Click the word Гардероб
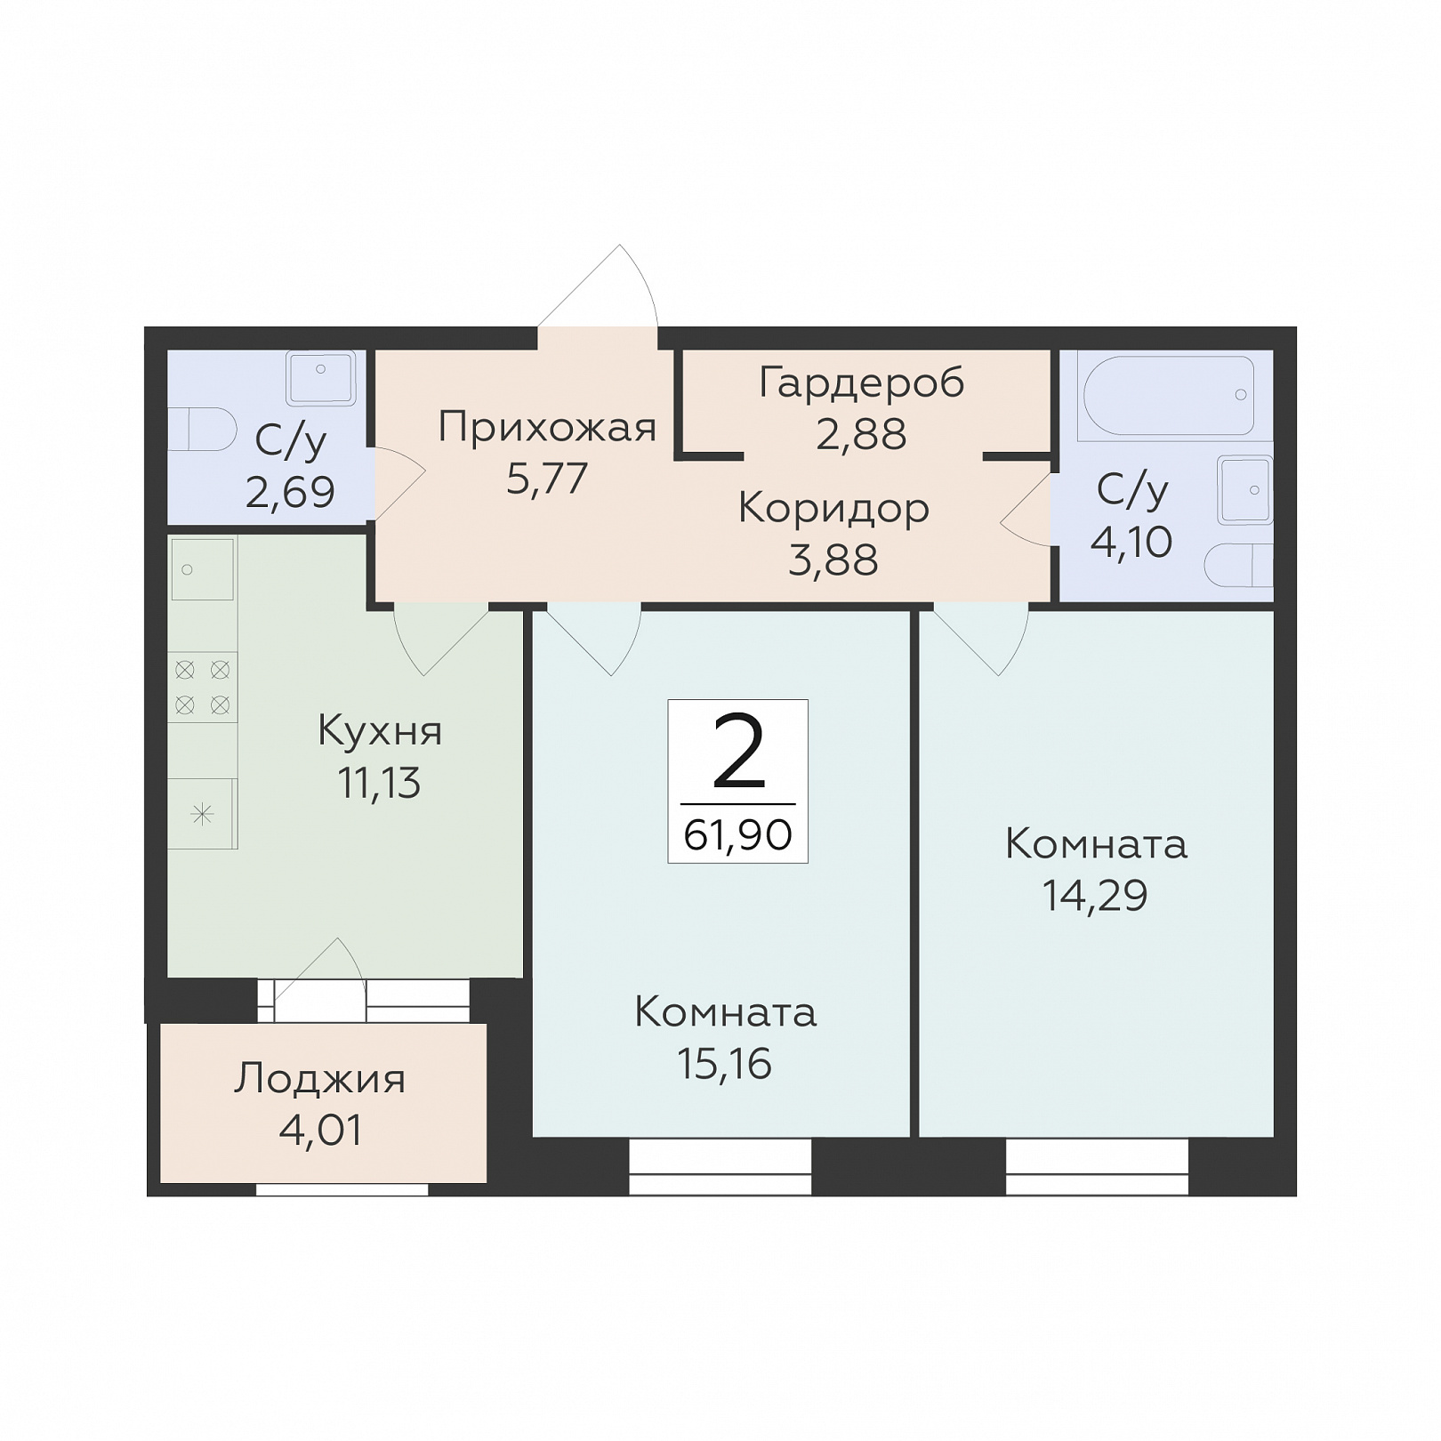point(861,384)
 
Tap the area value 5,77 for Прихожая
point(547,479)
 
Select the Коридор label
point(833,509)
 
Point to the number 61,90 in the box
point(737,835)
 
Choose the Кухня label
point(380,732)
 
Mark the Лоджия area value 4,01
point(320,1131)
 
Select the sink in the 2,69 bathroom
point(320,378)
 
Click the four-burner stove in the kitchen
point(203,688)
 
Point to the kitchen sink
point(203,569)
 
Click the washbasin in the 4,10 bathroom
point(1245,490)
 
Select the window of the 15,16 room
point(720,1167)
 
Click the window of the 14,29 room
point(1098,1167)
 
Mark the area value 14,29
point(1095,896)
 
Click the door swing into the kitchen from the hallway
point(441,640)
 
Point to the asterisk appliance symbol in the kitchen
point(203,814)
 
